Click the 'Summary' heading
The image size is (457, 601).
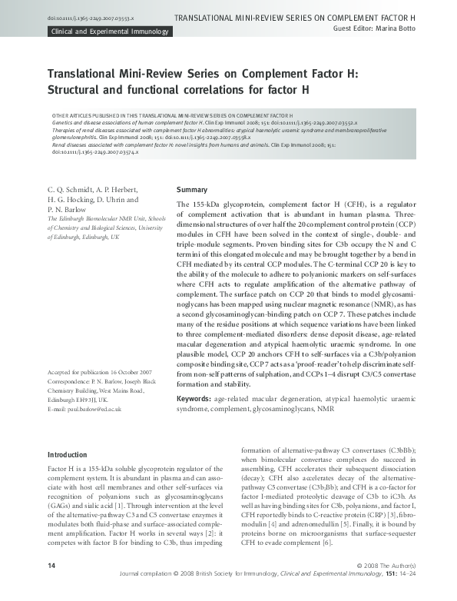tap(192, 189)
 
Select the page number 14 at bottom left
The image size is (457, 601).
tap(51, 587)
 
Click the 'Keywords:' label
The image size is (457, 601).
tap(195, 399)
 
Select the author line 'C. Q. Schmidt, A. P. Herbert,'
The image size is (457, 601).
tap(94, 189)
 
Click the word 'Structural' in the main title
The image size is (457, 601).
tap(80, 89)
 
